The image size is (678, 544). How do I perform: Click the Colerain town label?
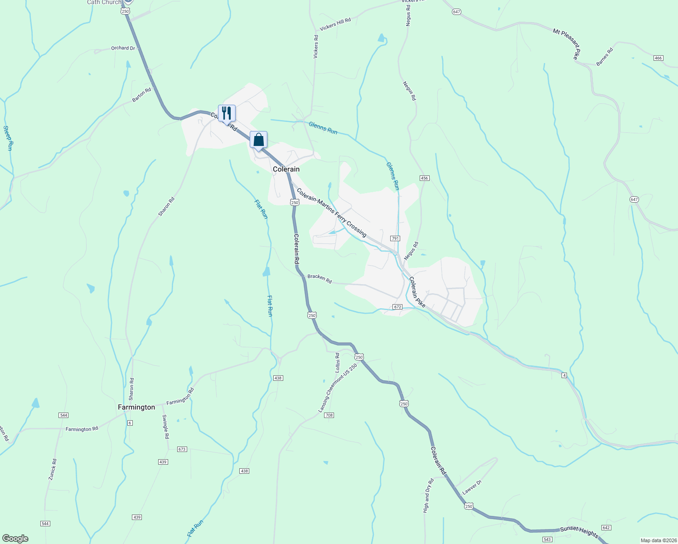286,169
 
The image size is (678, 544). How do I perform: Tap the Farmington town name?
136,407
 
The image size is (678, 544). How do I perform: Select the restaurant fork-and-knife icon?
227,113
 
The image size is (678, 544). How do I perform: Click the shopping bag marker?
258,140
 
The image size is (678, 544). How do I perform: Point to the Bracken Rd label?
320,279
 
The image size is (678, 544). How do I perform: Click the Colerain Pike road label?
417,292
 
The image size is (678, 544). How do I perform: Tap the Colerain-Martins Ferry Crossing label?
331,212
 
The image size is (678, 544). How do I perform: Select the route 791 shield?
395,238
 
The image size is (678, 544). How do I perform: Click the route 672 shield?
397,307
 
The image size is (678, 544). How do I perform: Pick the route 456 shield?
424,178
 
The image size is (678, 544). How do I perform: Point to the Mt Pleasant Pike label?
567,44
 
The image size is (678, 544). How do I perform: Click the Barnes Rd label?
605,57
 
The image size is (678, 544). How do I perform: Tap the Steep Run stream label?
8,138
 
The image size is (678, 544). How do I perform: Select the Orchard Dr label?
123,48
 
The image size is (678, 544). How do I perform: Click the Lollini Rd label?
337,363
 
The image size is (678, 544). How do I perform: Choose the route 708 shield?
329,415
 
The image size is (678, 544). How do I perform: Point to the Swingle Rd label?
166,427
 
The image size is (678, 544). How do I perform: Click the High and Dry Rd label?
426,495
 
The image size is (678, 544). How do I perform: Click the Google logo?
15,539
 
